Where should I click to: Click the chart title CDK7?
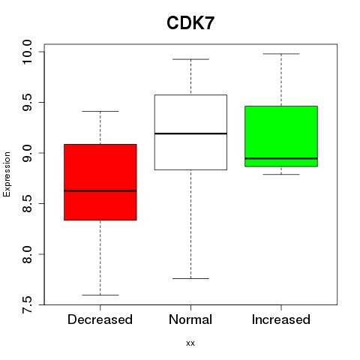[190, 23]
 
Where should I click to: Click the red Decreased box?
[100, 182]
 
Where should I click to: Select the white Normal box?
[190, 132]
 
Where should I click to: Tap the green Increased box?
[281, 136]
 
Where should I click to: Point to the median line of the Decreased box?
[100, 190]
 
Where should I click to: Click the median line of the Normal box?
[190, 133]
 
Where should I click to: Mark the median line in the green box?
[281, 158]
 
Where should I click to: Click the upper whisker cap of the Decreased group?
[100, 111]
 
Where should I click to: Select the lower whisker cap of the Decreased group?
[100, 295]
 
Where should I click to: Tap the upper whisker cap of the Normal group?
[190, 59]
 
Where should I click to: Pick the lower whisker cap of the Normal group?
[190, 278]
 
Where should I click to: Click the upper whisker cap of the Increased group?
[281, 54]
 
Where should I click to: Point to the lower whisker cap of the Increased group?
[281, 174]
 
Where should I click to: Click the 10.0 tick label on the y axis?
[27, 52]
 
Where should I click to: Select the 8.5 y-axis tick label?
[27, 203]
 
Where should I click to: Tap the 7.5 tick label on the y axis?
[27, 304]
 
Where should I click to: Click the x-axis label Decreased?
[100, 319]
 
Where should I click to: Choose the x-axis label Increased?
[281, 319]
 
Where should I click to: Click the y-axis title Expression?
[7, 174]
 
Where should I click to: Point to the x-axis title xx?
[190, 343]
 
